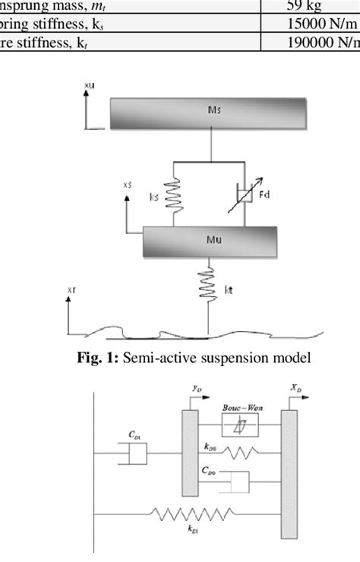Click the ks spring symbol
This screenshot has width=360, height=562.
(174, 197)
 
